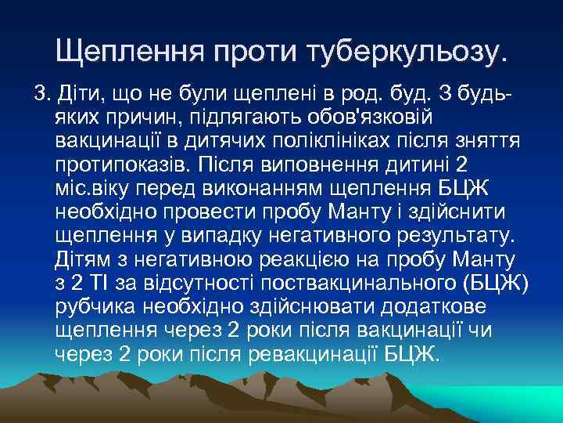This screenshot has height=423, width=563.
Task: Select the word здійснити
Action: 460,213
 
